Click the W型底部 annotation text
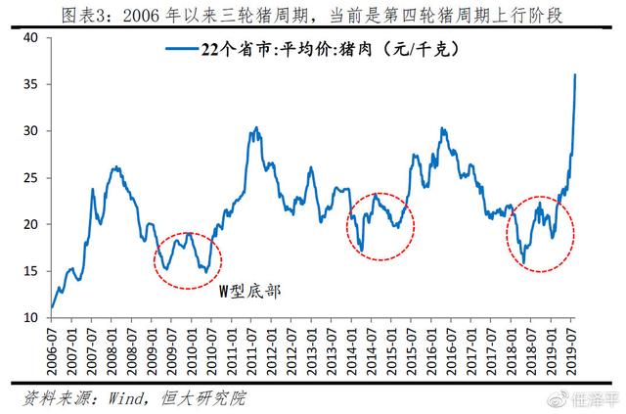[247, 291]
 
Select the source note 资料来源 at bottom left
[137, 398]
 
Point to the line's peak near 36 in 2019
[574, 74]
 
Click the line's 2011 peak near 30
[255, 128]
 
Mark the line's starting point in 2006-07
[52, 307]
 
